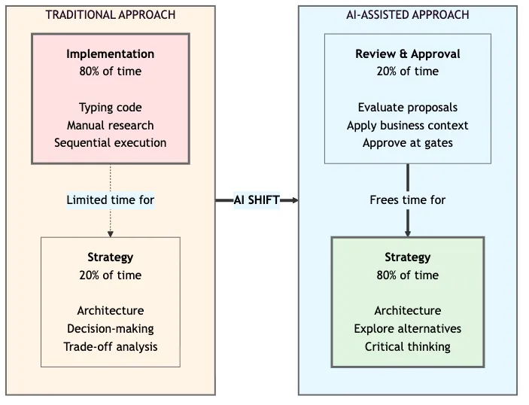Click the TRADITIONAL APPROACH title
[x=110, y=14]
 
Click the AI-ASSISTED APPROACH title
[x=407, y=14]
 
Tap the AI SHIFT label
[x=257, y=200]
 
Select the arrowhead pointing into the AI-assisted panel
[x=294, y=200]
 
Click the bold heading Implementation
[x=110, y=53]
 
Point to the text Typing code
[x=110, y=108]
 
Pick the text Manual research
[x=110, y=125]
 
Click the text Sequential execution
[x=110, y=142]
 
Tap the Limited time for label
[x=110, y=200]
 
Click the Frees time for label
[x=407, y=200]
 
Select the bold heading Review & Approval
[x=407, y=53]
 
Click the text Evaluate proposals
[x=407, y=108]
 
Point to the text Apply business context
[x=407, y=125]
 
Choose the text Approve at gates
[x=407, y=142]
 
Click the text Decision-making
[x=110, y=328]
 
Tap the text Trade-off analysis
[x=110, y=346]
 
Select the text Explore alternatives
[x=407, y=328]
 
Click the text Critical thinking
[x=407, y=346]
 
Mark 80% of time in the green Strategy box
[x=407, y=275]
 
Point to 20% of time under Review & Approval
[x=407, y=72]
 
